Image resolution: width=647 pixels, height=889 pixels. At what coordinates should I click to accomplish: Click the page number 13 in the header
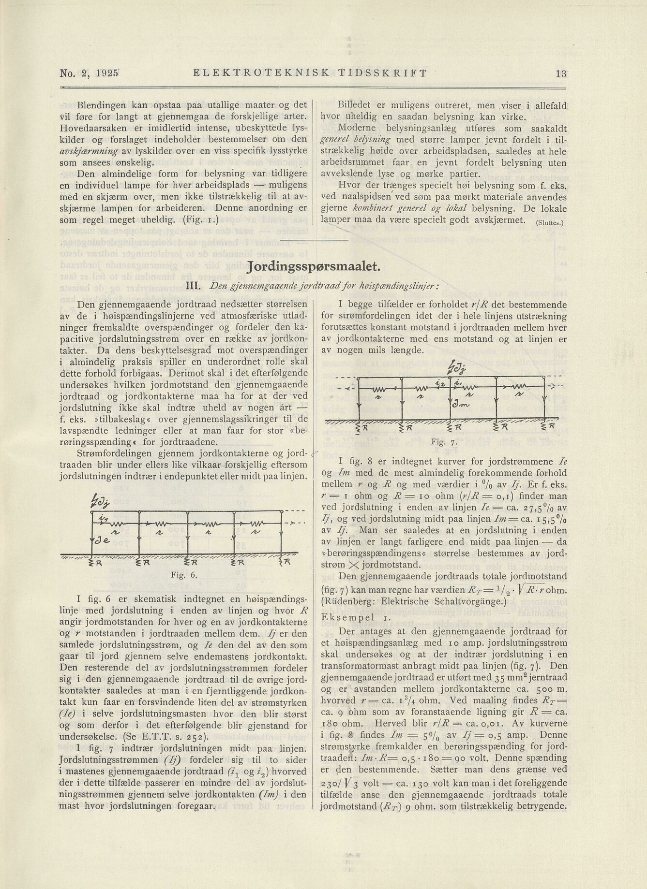tap(561, 74)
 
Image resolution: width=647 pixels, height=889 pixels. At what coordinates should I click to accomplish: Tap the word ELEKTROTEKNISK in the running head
tap(261, 74)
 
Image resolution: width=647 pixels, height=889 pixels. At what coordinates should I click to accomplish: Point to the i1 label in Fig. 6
tap(103, 518)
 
